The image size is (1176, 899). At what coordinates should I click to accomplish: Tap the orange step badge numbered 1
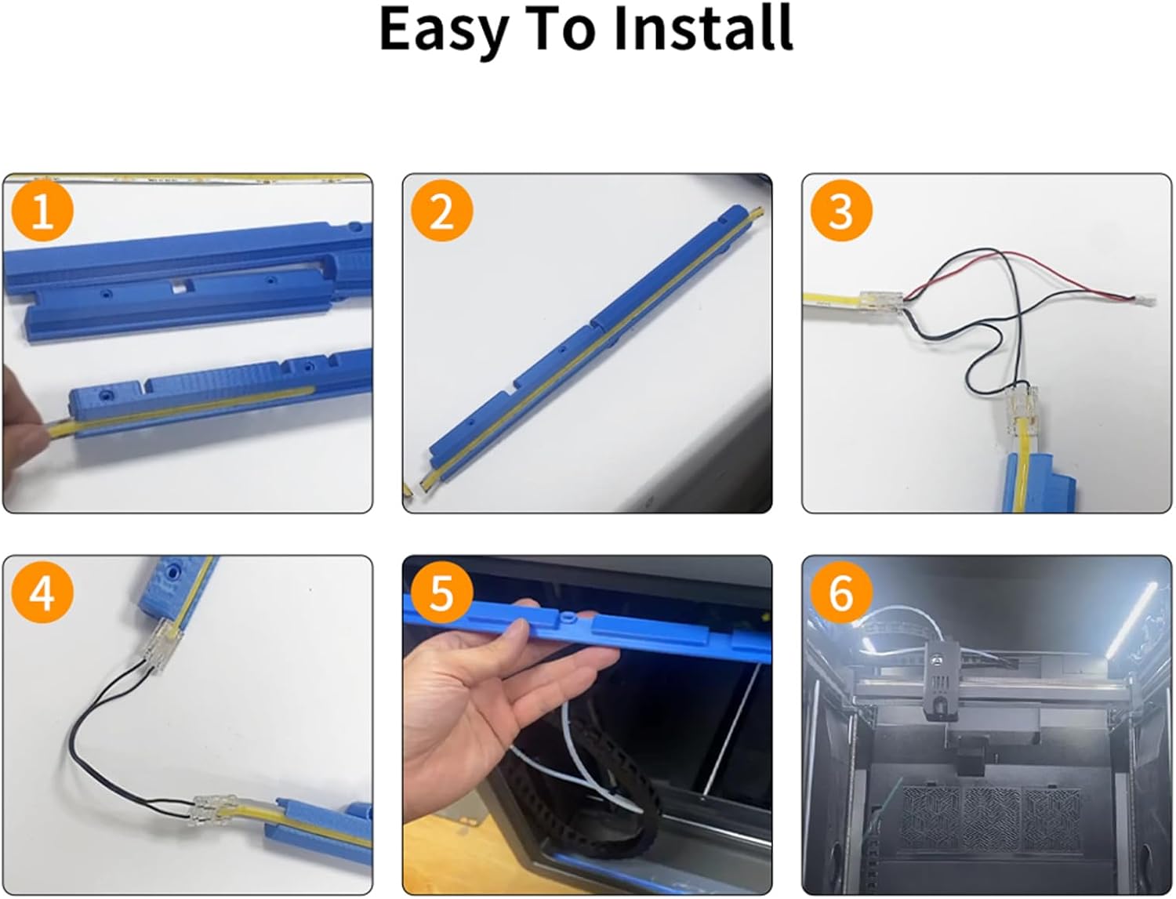(42, 210)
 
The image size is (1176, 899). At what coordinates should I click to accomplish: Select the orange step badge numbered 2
(442, 210)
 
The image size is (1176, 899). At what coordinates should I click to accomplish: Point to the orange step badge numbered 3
(841, 210)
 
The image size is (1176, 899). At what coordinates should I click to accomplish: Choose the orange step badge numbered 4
(42, 593)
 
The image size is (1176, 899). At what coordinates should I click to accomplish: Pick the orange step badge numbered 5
(442, 593)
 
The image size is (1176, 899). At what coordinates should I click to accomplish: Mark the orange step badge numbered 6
(841, 593)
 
